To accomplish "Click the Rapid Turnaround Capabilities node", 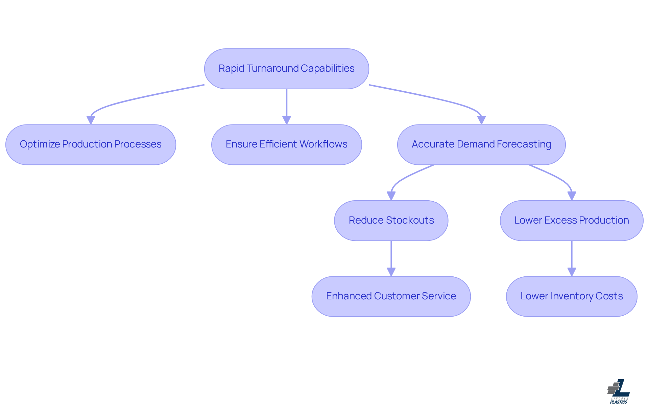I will [x=286, y=69].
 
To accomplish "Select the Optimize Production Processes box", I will [x=91, y=144].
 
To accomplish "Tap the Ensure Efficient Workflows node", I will [x=286, y=144].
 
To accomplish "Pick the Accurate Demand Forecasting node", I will [x=481, y=144].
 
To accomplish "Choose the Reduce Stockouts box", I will [x=391, y=220].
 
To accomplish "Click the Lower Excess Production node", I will [x=571, y=220].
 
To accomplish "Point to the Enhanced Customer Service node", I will [x=391, y=296].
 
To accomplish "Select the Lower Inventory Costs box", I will [x=571, y=296].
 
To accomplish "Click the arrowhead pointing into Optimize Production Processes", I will [x=91, y=120].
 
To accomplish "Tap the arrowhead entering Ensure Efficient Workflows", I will [x=287, y=120].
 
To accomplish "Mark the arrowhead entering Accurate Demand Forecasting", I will [x=481, y=120].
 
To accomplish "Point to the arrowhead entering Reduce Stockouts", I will [x=391, y=196].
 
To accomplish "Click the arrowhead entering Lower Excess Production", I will [x=572, y=196].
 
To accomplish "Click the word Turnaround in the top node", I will [x=272, y=68].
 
